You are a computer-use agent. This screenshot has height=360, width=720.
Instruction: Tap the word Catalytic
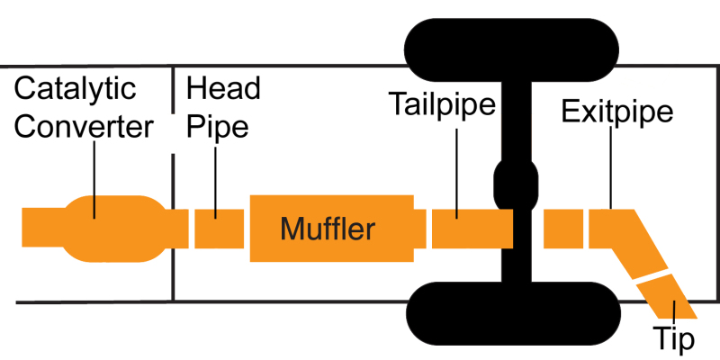[x=76, y=90]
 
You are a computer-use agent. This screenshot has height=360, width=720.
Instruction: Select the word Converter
[x=85, y=127]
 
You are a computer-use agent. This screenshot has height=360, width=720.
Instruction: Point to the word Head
[x=223, y=89]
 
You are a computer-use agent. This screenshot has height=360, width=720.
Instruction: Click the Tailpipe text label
[x=443, y=104]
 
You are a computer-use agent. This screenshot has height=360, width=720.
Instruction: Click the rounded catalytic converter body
[x=115, y=229]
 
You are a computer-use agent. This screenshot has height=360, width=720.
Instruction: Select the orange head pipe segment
[x=219, y=229]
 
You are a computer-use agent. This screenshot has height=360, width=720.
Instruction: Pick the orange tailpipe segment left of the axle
[x=472, y=229]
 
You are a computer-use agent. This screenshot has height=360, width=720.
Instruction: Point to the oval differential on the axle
[x=517, y=184]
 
